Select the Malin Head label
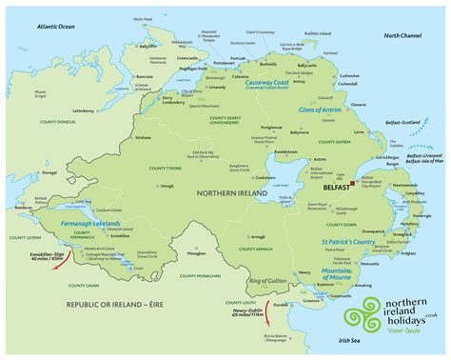click(x=142, y=18)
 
